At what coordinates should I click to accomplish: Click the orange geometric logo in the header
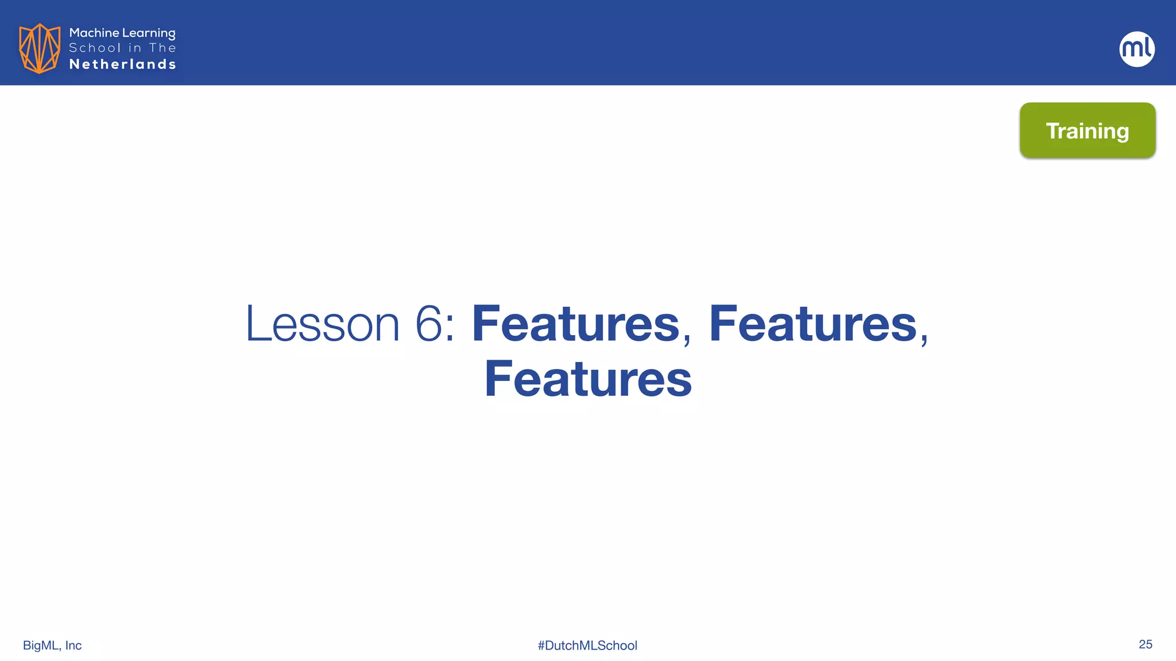[x=40, y=48]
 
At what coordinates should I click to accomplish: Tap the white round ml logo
[x=1137, y=49]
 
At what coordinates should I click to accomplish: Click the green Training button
[x=1088, y=130]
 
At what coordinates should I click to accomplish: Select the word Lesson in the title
[x=322, y=324]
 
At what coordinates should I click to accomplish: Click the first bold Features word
[x=575, y=324]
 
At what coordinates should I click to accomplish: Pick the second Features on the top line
[x=813, y=324]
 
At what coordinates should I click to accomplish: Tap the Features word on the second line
[x=588, y=379]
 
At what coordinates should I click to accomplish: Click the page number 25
[x=1145, y=644]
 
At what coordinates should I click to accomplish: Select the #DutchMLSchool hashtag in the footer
[x=587, y=646]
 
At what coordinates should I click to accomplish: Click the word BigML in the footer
[x=41, y=646]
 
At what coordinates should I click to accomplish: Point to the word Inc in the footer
[x=73, y=646]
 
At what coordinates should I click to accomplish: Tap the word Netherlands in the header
[x=122, y=64]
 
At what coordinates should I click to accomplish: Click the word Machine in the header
[x=94, y=33]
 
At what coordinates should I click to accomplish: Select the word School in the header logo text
[x=95, y=48]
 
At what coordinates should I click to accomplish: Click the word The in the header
[x=163, y=48]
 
